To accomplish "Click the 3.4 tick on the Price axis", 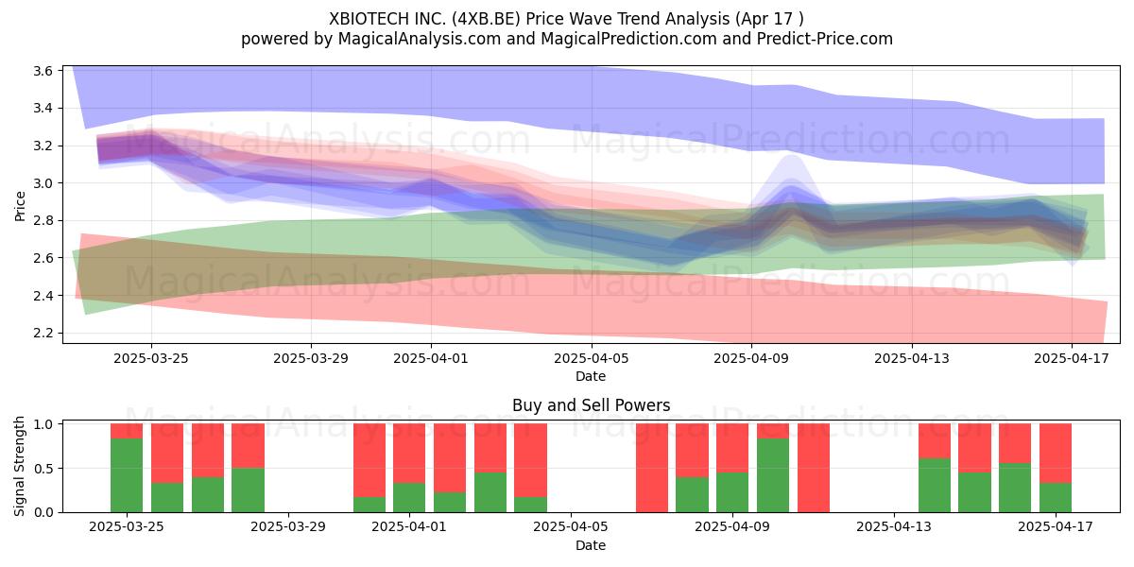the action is (43, 109).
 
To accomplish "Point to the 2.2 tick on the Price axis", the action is (43, 333).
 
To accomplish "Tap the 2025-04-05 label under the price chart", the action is (591, 358).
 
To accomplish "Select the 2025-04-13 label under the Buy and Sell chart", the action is (894, 527).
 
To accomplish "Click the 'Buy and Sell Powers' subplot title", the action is (591, 405).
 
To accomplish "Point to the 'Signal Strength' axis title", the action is (19, 466).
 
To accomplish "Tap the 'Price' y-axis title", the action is (20, 206).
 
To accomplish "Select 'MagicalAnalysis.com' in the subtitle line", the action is (420, 39).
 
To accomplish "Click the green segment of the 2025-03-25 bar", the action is (127, 475).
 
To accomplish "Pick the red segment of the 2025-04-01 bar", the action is (409, 453).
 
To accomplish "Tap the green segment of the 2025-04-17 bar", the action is (1056, 498).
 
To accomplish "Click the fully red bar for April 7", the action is (652, 468).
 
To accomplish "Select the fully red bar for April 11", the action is (814, 468).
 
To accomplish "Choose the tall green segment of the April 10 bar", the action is (773, 475).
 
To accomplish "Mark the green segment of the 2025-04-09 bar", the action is (732, 492).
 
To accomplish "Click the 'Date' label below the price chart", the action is (591, 376).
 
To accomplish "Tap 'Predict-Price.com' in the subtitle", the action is (825, 39).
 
